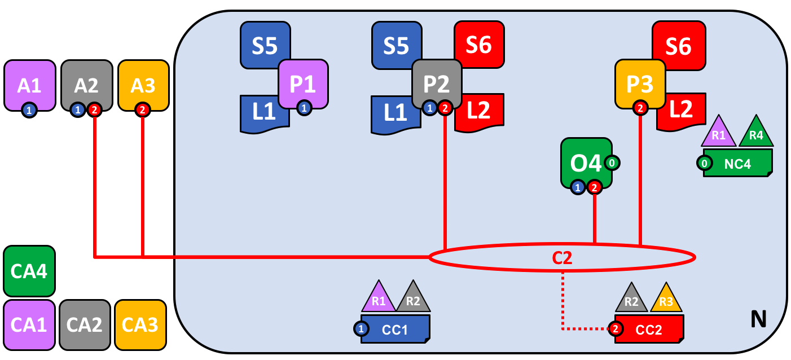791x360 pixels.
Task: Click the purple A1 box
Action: click(29, 85)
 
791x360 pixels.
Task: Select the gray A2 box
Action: click(86, 85)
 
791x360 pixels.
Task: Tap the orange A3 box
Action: click(143, 85)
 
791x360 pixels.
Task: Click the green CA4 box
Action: click(29, 271)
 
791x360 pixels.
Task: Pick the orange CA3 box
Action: click(140, 325)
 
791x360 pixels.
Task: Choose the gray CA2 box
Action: click(85, 325)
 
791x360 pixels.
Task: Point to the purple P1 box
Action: click(303, 84)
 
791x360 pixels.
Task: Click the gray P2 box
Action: click(437, 84)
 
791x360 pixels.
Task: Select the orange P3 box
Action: click(640, 84)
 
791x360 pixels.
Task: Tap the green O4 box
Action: click(585, 163)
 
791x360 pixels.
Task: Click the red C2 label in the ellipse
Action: click(562, 258)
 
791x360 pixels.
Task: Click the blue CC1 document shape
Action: click(395, 330)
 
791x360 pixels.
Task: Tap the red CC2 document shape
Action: click(649, 330)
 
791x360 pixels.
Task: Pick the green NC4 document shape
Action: click(737, 164)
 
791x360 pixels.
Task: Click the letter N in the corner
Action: click(758, 320)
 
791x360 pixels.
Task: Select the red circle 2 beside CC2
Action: click(616, 328)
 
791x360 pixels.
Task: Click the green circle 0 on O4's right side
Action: click(612, 163)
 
